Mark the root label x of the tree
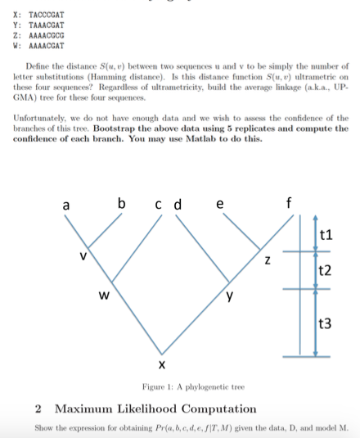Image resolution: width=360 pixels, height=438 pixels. [163, 362]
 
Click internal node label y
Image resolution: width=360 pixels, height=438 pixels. [231, 296]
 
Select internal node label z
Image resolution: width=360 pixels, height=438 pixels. [267, 260]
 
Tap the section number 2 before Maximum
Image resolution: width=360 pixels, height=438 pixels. [39, 409]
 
